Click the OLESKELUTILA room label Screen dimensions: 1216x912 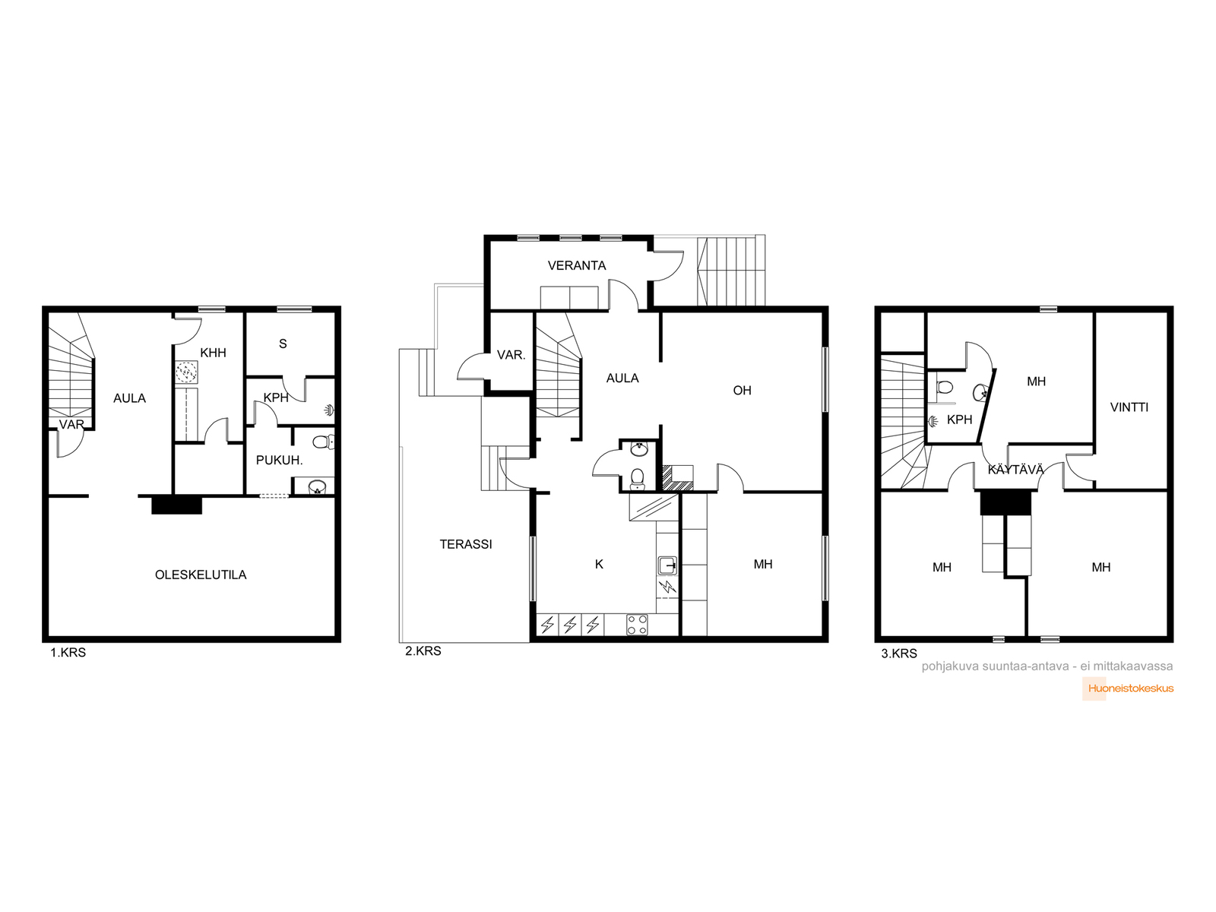(201, 575)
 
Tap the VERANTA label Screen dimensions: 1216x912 (577, 265)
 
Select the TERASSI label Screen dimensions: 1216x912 (466, 544)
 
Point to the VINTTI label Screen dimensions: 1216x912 (1129, 407)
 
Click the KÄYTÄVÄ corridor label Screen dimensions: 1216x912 (1015, 469)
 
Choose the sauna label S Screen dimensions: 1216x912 (283, 344)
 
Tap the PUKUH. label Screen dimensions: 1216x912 (279, 460)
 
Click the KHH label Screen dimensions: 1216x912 (214, 353)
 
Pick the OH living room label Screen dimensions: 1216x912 (743, 391)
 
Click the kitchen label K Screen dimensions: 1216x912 (599, 564)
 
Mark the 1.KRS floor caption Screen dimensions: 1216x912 (68, 652)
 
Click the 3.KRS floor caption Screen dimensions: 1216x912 (899, 654)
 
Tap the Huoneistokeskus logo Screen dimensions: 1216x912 (1128, 689)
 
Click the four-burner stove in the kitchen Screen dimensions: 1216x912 (637, 625)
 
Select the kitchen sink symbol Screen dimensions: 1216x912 (667, 566)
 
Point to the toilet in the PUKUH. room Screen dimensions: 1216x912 (324, 442)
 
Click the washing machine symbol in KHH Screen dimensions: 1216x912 (187, 372)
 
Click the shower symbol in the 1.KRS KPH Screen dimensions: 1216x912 (329, 410)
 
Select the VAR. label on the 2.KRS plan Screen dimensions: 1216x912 (511, 355)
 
